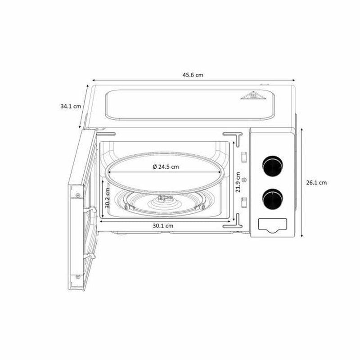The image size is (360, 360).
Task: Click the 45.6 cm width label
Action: click(x=193, y=75)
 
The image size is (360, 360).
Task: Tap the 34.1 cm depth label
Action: click(x=71, y=107)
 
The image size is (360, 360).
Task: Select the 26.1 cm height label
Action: click(x=316, y=183)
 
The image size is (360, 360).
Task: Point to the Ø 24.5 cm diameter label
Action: click(x=166, y=166)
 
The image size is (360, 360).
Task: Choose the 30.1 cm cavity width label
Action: click(x=163, y=225)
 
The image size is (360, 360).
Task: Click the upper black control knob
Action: click(x=272, y=165)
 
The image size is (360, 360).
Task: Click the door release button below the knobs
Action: click(x=271, y=225)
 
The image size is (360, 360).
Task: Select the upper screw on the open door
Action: click(x=78, y=195)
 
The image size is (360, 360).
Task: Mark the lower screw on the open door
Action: click(x=80, y=275)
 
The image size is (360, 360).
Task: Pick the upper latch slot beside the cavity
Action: click(x=243, y=156)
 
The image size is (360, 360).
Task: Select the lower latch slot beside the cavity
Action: click(x=243, y=201)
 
